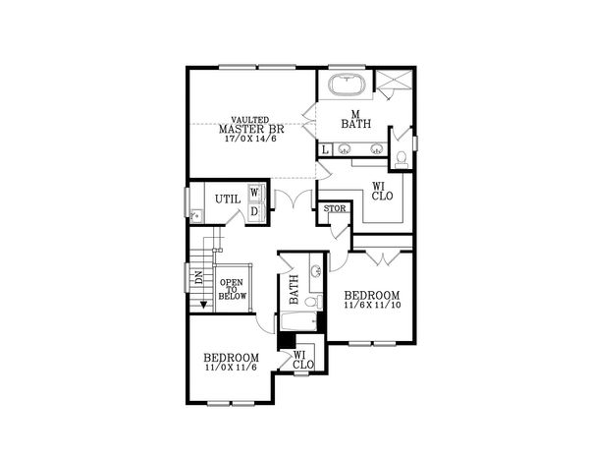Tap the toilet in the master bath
(x=401, y=157)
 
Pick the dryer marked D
(x=253, y=210)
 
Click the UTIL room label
(x=228, y=199)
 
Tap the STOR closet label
(x=333, y=208)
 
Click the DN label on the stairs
(x=197, y=277)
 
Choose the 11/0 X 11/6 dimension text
(x=231, y=369)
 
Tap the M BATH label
(x=354, y=118)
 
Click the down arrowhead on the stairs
(x=203, y=303)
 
